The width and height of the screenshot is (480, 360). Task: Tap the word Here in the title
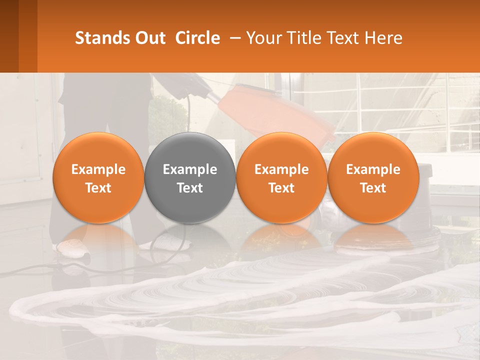(x=384, y=38)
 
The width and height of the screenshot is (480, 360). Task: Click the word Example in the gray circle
(x=190, y=169)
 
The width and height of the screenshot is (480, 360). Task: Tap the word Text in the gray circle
(x=190, y=188)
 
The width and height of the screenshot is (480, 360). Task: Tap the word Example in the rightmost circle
(x=373, y=169)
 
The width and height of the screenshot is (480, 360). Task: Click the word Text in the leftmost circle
(x=98, y=188)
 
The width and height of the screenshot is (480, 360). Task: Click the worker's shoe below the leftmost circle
(x=72, y=246)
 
